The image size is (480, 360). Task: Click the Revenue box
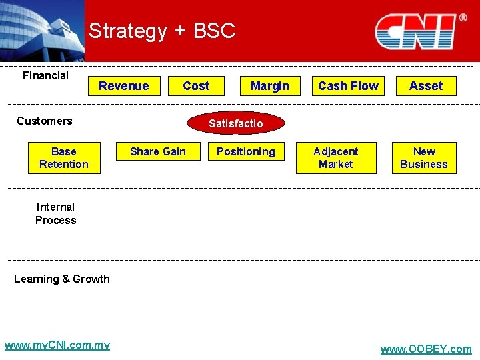124,86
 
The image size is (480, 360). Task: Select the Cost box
196,86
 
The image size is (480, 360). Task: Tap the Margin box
269,86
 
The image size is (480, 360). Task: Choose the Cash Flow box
348,86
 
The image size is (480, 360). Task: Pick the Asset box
426,86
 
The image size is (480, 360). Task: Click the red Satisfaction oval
236,123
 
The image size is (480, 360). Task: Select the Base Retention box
64,158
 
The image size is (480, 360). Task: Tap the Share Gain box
158,152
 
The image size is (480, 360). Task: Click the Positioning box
246,152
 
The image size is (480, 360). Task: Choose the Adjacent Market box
336,158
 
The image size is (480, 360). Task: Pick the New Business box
424,158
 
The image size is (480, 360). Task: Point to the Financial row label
45,75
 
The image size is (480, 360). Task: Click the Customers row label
45,121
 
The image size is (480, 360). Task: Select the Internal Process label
56,213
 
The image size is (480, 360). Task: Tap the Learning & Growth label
62,279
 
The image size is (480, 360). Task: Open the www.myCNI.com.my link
57,345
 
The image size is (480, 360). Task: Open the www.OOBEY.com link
425,349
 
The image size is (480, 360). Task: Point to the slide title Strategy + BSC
162,31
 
